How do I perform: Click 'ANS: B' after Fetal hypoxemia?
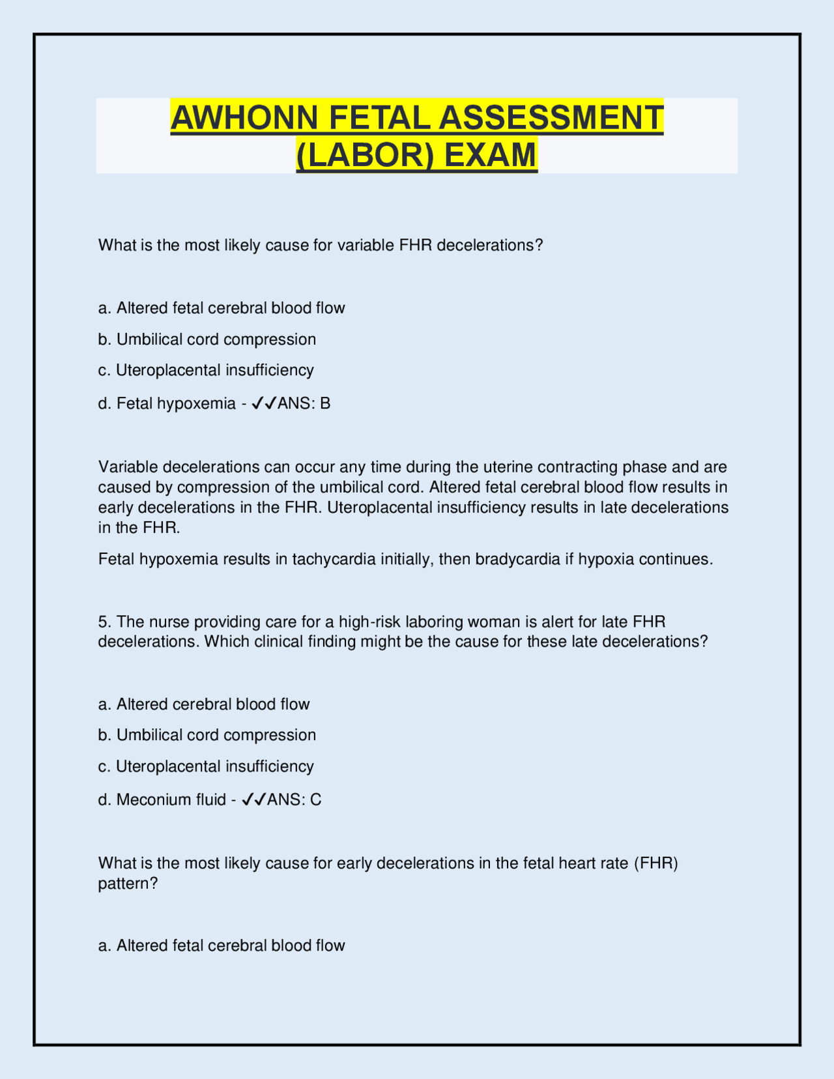pyautogui.click(x=304, y=404)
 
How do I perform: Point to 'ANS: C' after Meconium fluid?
pyautogui.click(x=295, y=800)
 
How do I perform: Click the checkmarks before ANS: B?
pyautogui.click(x=264, y=404)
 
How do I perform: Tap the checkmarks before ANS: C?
pyautogui.click(x=253, y=800)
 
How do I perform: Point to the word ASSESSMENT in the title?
pyautogui.click(x=551, y=118)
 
